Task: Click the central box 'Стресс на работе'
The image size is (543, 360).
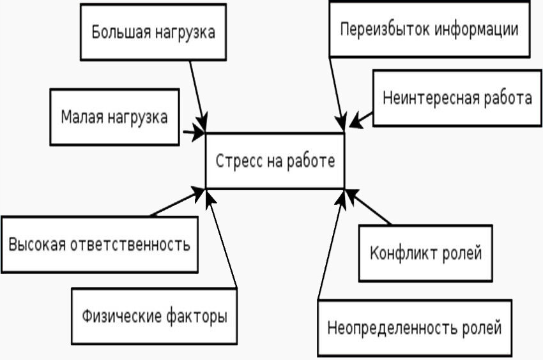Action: tap(275, 161)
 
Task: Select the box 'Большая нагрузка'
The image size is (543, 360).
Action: tap(153, 32)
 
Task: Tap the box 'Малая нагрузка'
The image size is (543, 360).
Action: tap(115, 117)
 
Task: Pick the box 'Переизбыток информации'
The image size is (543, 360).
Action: tap(429, 29)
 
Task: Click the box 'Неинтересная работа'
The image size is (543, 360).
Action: tap(457, 98)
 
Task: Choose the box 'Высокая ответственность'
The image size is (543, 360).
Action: tap(100, 244)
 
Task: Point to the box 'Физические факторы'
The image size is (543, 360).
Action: tap(154, 315)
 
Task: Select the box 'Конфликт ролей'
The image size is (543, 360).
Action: tap(425, 253)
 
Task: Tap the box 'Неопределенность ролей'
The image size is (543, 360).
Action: tap(415, 328)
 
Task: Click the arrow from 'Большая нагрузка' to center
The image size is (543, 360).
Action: tap(198, 93)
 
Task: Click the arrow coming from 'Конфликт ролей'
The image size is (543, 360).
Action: tap(369, 207)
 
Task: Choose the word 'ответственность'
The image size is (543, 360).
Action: tap(137, 244)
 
